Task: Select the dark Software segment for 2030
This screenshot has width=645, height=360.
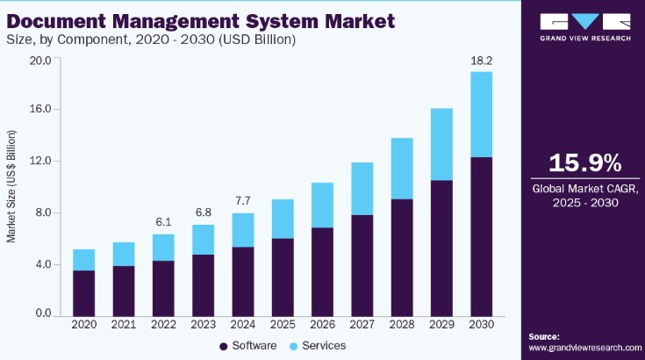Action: (x=481, y=237)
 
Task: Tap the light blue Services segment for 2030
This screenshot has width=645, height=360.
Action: (x=481, y=114)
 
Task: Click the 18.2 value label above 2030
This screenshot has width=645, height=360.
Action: (x=481, y=61)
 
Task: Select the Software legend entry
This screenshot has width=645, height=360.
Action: (x=250, y=345)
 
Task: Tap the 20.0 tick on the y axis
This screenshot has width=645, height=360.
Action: (x=40, y=61)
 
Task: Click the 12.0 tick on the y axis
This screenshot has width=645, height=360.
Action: (x=40, y=162)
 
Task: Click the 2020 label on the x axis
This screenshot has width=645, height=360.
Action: (x=84, y=326)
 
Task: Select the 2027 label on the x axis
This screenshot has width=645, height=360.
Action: (x=362, y=326)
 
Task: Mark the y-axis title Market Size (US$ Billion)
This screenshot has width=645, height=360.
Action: (x=13, y=185)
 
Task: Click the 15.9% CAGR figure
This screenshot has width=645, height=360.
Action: (x=584, y=163)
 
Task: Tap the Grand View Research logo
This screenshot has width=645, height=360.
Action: (x=584, y=26)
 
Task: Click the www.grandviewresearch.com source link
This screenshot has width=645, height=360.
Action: (x=584, y=349)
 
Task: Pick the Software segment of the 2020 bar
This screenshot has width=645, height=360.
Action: (x=84, y=293)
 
